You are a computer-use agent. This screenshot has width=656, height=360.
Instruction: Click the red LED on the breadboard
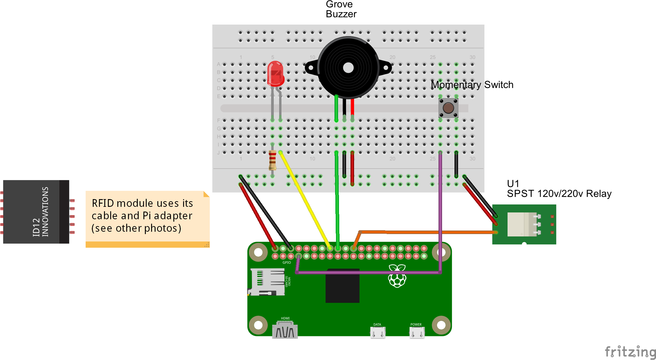(x=275, y=74)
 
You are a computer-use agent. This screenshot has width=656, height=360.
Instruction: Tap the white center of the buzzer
(x=348, y=68)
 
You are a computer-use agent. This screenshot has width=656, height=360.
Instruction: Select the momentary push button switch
(x=448, y=108)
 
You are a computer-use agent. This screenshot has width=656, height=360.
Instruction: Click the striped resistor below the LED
(x=272, y=160)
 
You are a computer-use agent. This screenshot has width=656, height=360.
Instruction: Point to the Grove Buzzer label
(x=341, y=9)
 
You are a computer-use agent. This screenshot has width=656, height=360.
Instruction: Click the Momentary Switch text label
(x=472, y=85)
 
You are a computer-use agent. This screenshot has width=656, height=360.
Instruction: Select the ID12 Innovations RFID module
(x=36, y=212)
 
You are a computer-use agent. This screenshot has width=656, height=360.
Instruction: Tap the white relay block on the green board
(x=521, y=224)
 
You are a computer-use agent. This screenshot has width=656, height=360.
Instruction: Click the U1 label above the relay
(x=513, y=183)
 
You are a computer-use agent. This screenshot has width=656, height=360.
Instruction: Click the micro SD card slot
(x=267, y=281)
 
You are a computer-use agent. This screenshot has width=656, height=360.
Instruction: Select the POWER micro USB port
(x=417, y=332)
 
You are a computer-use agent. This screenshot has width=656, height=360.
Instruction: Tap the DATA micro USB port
(x=377, y=332)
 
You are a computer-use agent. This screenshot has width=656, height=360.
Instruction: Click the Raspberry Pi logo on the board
(x=397, y=276)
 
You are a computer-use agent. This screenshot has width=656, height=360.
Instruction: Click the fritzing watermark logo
(x=630, y=352)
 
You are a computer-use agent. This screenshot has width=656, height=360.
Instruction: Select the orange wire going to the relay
(x=430, y=232)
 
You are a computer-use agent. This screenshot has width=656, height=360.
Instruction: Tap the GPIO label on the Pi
(x=287, y=263)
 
